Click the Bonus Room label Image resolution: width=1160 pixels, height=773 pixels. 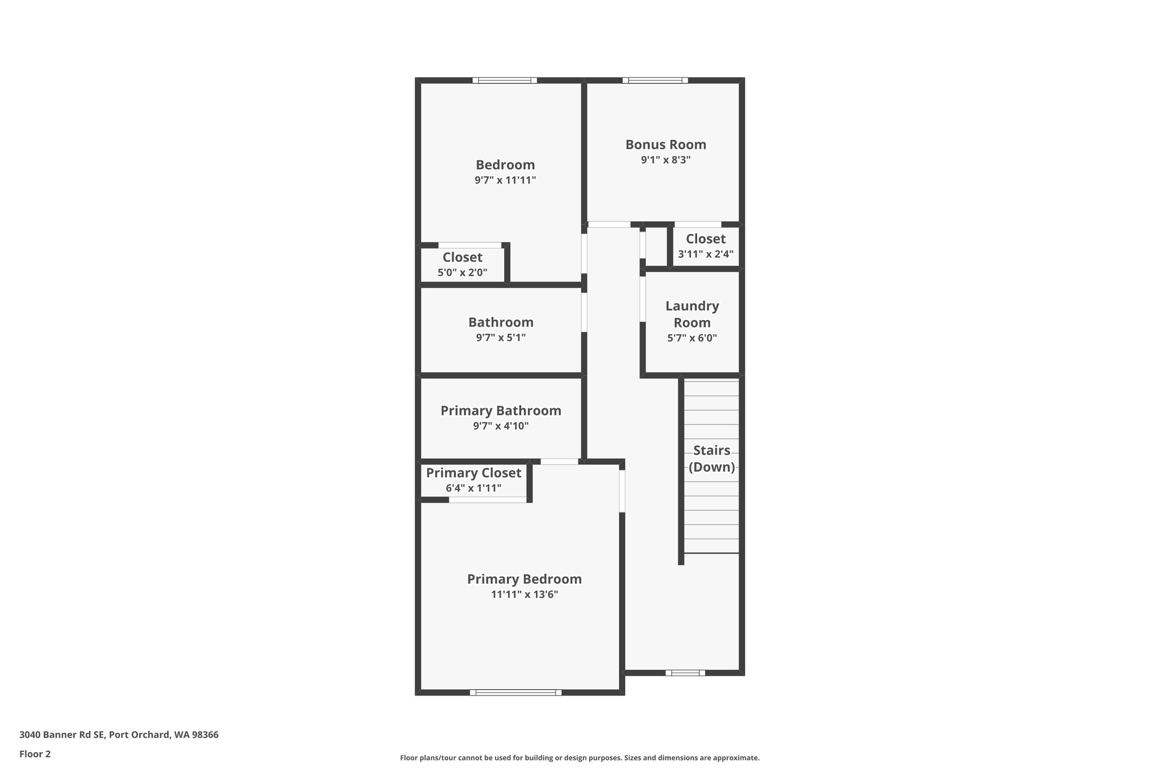666,144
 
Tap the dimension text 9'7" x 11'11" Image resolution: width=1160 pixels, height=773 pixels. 505,181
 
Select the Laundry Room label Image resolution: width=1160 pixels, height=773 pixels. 692,314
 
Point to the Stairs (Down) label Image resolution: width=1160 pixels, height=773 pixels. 711,459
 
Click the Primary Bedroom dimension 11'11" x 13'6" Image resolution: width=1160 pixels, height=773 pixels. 524,595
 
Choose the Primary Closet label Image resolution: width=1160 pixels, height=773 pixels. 474,473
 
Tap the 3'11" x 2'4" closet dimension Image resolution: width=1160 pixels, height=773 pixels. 705,254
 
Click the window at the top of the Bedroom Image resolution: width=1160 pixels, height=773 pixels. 505,80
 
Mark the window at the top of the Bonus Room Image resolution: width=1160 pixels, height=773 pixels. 655,80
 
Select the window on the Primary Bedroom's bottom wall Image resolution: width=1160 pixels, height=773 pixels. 515,692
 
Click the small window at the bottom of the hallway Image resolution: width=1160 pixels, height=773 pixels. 685,673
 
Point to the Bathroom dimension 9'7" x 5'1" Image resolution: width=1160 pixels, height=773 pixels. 501,338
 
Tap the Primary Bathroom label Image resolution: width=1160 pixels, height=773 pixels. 501,411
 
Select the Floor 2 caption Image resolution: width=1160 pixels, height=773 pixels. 35,754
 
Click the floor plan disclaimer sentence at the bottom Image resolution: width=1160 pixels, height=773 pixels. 579,758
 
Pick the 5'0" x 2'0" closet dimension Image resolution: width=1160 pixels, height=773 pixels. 462,272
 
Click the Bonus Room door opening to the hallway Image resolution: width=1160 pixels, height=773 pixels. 609,225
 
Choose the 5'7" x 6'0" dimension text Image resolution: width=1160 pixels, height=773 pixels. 692,338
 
